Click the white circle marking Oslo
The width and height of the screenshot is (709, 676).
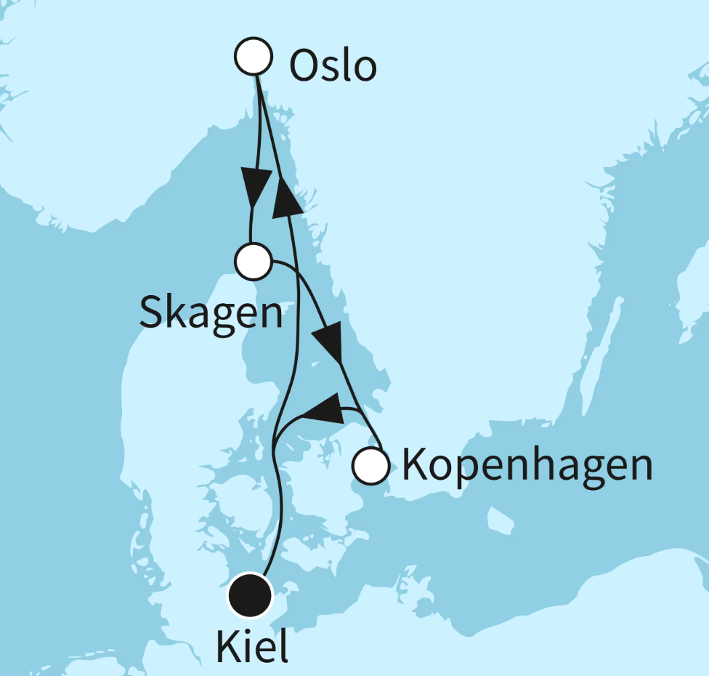[254, 57]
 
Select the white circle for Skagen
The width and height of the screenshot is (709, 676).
[254, 262]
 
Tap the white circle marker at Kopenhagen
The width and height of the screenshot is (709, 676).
[370, 465]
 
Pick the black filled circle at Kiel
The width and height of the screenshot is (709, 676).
[250, 595]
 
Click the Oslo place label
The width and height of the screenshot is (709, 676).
[333, 67]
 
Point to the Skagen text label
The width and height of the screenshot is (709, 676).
[211, 314]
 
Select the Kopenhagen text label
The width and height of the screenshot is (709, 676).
[527, 465]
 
